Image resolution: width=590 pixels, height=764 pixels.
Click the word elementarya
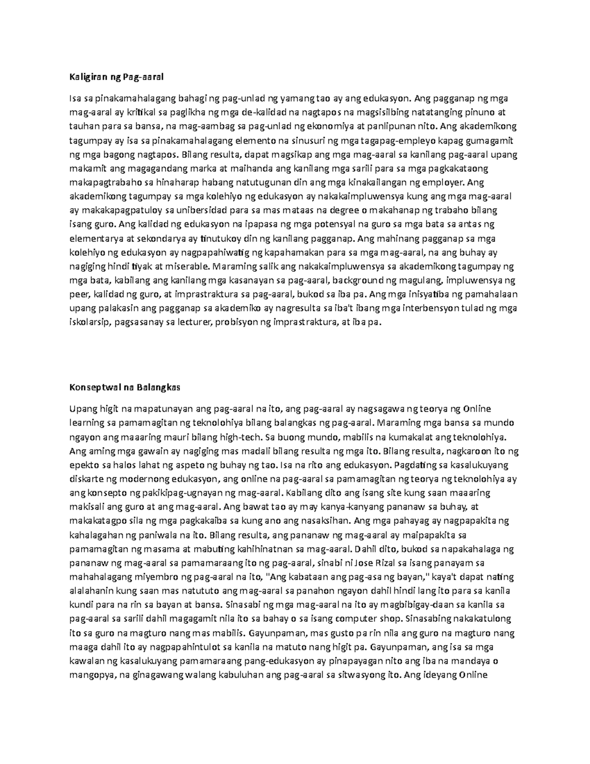tap(93, 239)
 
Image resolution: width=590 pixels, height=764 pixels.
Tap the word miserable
tap(188, 267)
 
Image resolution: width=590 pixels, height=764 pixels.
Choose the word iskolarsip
tap(87, 323)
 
